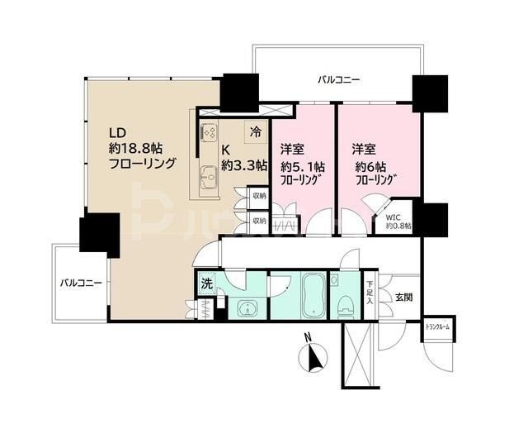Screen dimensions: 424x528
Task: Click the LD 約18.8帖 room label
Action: coord(141,148)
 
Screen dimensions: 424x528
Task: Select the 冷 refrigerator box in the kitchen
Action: coord(256,131)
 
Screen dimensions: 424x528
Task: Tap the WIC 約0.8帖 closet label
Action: coord(399,220)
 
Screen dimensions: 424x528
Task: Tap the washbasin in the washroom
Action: coord(245,308)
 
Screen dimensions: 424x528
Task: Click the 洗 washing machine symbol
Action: coord(206,283)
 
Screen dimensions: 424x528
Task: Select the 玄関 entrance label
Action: coord(403,297)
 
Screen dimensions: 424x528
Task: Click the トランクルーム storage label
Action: coord(438,326)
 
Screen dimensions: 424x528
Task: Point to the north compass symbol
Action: coord(314,356)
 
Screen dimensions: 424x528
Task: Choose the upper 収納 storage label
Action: coord(259,196)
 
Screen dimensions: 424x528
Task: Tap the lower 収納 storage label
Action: coord(259,221)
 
